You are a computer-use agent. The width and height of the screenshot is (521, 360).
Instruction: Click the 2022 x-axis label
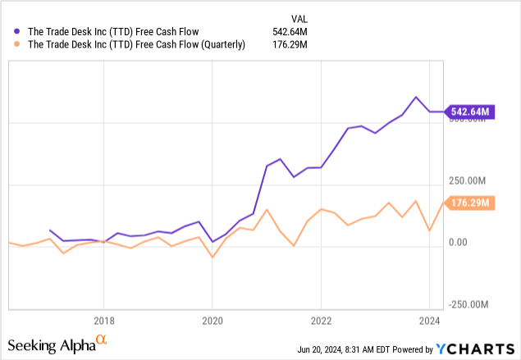321,320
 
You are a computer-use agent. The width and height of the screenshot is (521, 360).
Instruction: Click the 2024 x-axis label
429,320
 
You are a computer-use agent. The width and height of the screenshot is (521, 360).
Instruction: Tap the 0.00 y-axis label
458,242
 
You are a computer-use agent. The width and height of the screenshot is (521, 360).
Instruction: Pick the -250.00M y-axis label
472,304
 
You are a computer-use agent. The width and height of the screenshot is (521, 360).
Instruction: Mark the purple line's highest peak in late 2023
416,97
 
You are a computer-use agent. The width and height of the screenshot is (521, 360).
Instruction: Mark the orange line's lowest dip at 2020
213,257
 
